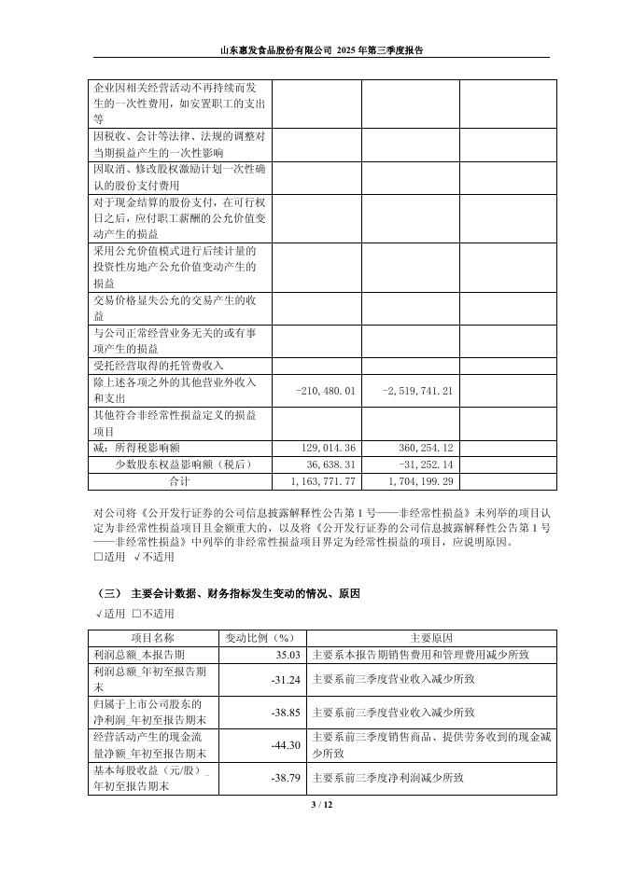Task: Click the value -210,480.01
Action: click(x=325, y=391)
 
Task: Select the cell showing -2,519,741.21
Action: click(x=418, y=391)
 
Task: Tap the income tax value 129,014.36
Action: click(x=325, y=448)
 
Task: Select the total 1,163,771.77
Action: click(x=318, y=481)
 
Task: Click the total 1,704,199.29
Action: click(x=415, y=481)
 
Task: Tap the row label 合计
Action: click(x=179, y=481)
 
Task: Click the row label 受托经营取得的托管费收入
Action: click(x=159, y=365)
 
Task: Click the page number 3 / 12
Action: click(x=308, y=804)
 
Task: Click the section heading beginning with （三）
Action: click(x=230, y=593)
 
